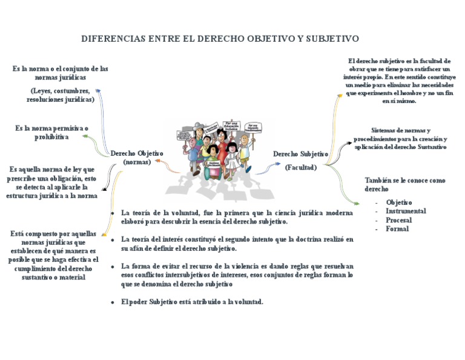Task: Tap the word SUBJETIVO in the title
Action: (x=332, y=39)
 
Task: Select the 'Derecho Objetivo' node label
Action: (x=137, y=154)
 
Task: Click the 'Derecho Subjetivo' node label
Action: (x=300, y=154)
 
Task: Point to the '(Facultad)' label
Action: (x=301, y=167)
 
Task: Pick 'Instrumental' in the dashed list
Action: (x=406, y=212)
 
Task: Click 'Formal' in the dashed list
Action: (x=397, y=229)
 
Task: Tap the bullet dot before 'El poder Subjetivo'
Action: (x=113, y=302)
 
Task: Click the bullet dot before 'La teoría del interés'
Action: (x=113, y=240)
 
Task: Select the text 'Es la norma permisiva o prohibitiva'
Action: (x=51, y=133)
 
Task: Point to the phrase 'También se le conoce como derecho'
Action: (x=404, y=185)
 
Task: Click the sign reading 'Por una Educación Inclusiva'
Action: (x=232, y=126)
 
